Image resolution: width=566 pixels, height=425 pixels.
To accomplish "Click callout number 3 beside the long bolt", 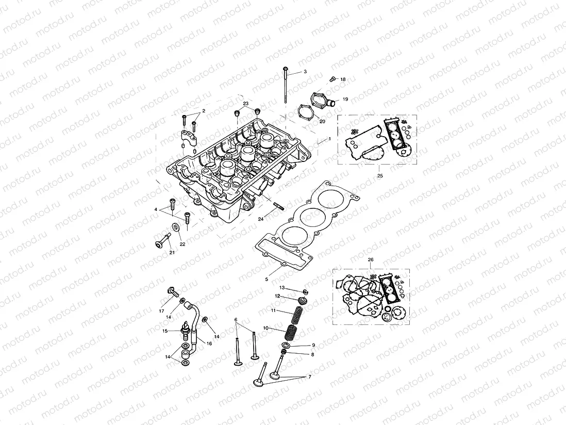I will click(x=305, y=72).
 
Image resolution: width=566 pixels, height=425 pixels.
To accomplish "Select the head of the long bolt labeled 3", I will click(x=285, y=69).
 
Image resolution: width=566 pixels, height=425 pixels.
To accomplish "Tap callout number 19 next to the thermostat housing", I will click(x=345, y=99).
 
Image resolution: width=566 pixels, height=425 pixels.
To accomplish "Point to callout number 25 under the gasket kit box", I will click(x=380, y=175).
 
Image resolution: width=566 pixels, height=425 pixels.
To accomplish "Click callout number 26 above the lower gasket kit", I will click(x=371, y=260).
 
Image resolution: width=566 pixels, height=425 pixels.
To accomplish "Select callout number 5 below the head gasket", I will click(x=267, y=279).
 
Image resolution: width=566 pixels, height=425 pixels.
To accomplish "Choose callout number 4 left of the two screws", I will click(x=155, y=209).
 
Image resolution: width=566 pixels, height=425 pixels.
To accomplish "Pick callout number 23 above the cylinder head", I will click(x=246, y=104).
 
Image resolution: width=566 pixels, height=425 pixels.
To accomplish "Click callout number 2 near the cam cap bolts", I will click(x=204, y=111).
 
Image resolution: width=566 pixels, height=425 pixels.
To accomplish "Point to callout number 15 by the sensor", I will click(x=165, y=331).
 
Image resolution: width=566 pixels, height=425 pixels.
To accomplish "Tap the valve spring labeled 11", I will click(x=298, y=314).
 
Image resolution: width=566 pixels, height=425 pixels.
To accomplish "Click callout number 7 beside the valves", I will click(x=310, y=377).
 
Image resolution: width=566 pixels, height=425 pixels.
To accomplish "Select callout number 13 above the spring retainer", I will click(x=282, y=287).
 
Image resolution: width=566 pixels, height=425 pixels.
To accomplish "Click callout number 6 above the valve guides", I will click(x=236, y=320).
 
